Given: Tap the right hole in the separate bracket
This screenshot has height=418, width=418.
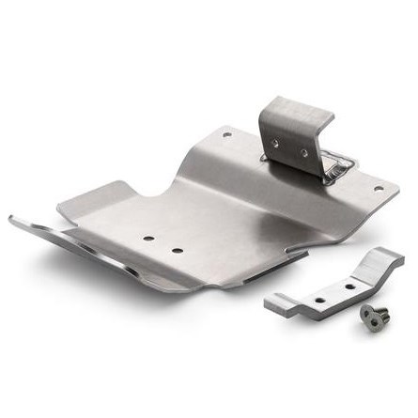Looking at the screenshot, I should (349, 284).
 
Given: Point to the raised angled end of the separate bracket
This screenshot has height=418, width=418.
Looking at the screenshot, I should (385, 258).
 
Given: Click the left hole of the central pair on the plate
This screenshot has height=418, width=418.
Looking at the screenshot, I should (148, 239).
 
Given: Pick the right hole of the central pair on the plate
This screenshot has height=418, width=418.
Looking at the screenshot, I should (177, 251).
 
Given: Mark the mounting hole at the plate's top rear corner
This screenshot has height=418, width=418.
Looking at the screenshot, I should (226, 134).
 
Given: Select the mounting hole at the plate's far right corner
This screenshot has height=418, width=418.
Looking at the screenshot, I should (379, 187).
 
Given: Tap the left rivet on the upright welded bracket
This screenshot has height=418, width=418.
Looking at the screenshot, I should (275, 144).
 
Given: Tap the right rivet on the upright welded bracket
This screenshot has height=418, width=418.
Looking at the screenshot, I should (302, 152).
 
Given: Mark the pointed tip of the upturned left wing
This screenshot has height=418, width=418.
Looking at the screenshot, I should (12, 218).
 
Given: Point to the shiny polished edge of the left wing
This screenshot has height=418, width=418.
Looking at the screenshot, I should (75, 249).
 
